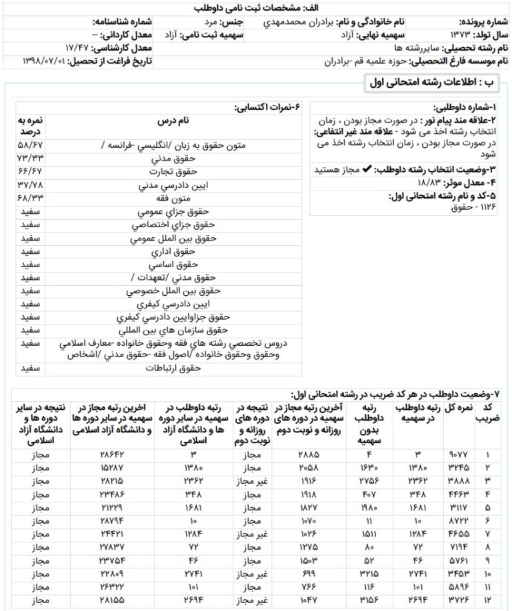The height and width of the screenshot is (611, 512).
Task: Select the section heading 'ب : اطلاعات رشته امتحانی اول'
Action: (433, 84)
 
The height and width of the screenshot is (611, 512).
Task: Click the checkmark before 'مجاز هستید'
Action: (366, 170)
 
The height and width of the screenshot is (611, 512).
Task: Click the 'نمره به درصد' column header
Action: (30, 126)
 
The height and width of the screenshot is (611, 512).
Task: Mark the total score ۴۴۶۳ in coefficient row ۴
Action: (459, 495)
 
